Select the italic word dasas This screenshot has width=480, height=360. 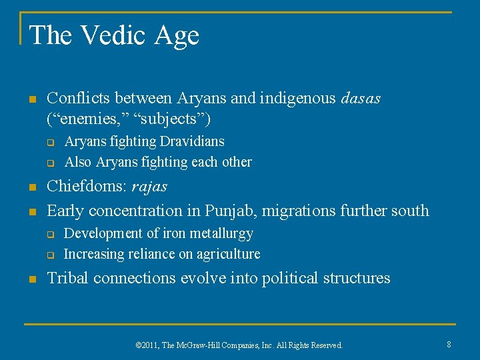click(x=361, y=99)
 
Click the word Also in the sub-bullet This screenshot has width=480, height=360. click(x=77, y=162)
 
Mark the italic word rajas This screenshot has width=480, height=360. click(x=151, y=187)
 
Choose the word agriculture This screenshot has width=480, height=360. click(x=226, y=254)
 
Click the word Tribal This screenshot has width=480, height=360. click(x=70, y=278)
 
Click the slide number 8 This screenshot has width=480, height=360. click(x=449, y=344)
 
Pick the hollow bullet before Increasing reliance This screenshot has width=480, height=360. click(x=49, y=255)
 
